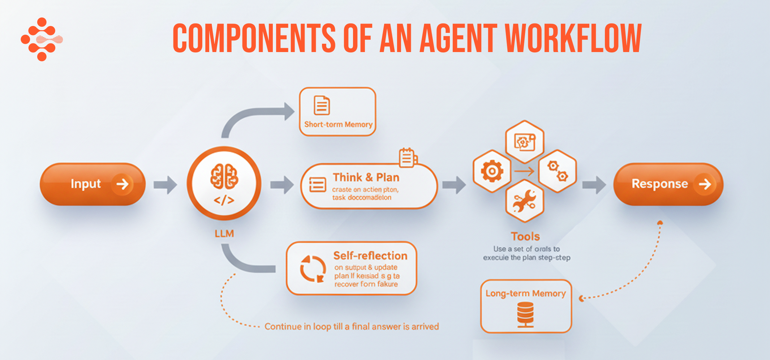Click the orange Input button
coord(93,184)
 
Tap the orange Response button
coord(668,184)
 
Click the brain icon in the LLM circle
coord(224,176)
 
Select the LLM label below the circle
coord(224,233)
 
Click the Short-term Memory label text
coord(338,124)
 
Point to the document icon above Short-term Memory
coord(322,105)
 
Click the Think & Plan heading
coord(366,177)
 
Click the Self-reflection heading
coord(370,256)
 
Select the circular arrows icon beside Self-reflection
coord(313,269)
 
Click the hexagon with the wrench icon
coord(525,202)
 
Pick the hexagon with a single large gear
coord(492,171)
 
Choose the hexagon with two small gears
coord(557,171)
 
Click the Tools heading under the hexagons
coord(525,236)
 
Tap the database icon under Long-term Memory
coord(525,314)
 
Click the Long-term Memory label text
coord(525,293)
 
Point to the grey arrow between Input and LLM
coord(165,185)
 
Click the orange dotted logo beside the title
coord(42,39)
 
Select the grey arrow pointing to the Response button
coord(594,185)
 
